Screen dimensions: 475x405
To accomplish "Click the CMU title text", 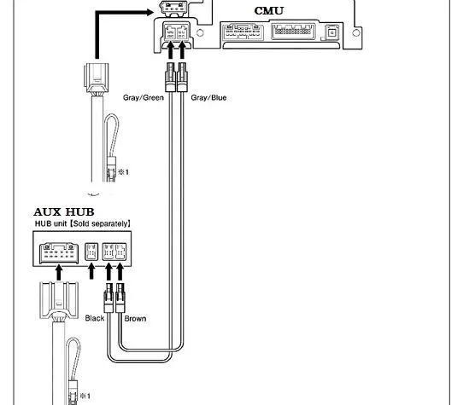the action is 269,11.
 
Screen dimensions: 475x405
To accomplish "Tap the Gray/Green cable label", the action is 144,97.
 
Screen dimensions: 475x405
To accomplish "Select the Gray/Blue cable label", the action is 208,97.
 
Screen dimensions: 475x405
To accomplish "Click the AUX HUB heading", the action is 64,211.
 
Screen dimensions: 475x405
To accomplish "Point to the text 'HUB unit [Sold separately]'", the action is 83,223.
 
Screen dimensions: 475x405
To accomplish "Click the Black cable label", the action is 95,318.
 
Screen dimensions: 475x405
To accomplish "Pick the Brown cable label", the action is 135,319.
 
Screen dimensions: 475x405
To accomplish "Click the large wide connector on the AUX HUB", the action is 59,252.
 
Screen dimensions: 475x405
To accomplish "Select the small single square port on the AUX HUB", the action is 91,252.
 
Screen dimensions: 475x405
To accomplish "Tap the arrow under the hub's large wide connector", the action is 59,273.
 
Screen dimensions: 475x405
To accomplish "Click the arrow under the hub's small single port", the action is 91,271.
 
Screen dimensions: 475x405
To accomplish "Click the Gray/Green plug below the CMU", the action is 171,77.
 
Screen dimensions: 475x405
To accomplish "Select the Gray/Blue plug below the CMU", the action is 182,77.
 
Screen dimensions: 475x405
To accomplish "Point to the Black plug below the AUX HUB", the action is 108,298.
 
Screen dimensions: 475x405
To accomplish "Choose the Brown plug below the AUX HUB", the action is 120,298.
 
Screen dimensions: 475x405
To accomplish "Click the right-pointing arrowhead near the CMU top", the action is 150,13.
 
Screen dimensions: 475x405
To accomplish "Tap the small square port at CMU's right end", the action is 332,32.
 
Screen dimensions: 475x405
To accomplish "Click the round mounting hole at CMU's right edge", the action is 356,32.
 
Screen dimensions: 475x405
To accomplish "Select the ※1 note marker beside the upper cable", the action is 124,172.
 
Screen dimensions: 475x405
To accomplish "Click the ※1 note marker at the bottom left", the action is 85,396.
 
